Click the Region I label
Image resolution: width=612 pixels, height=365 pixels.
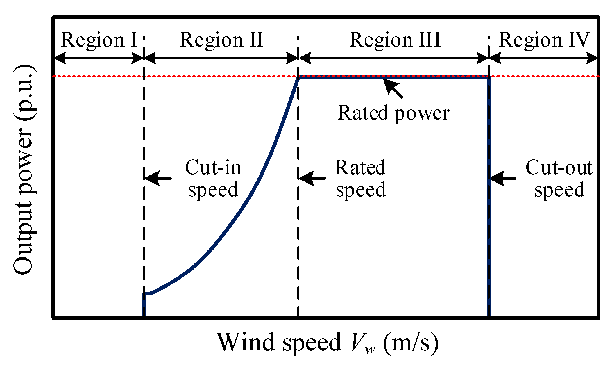click(99, 40)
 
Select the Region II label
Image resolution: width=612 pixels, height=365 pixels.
click(221, 40)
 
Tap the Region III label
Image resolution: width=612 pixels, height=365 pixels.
click(395, 40)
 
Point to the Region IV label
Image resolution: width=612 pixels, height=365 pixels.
click(544, 40)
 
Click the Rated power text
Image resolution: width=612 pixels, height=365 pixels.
click(393, 113)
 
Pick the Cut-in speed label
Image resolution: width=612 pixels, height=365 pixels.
click(213, 178)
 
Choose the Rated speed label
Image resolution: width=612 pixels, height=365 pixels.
click(361, 178)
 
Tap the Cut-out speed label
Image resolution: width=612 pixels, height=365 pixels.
click(559, 178)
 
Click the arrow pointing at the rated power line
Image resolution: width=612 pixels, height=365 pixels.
click(393, 88)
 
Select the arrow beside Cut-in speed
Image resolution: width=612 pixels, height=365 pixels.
click(158, 178)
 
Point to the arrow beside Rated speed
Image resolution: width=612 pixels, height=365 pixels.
click(312, 178)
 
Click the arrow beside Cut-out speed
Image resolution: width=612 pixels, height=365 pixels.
click(503, 178)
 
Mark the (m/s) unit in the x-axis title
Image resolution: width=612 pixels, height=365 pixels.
click(411, 342)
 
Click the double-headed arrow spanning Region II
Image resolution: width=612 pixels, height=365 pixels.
click(221, 58)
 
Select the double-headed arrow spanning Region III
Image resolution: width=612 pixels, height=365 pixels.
click(393, 58)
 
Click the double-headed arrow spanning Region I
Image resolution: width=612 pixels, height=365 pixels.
click(99, 58)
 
